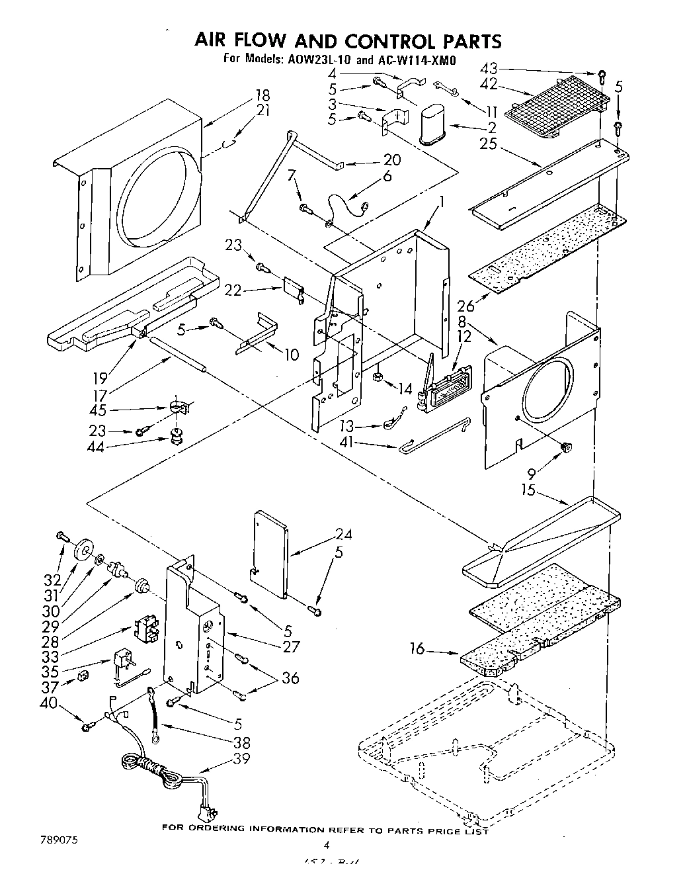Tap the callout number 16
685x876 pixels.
[417, 650]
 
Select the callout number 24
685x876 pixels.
[342, 535]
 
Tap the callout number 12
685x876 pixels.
[464, 337]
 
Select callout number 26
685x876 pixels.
[465, 306]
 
